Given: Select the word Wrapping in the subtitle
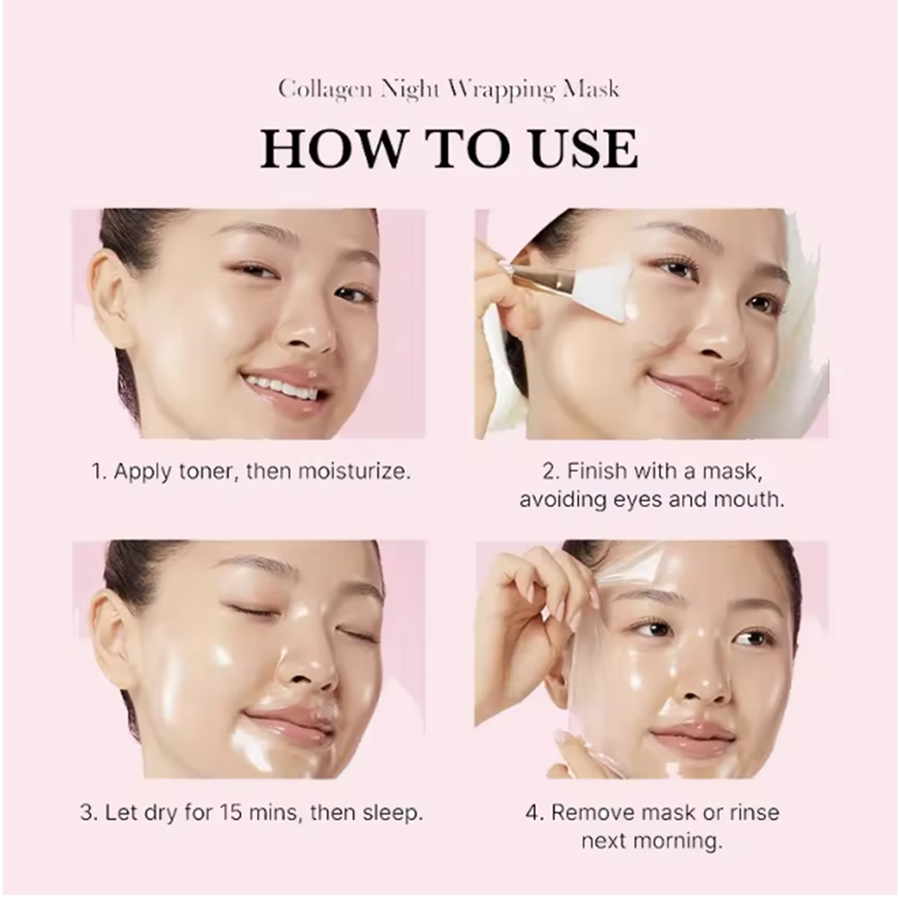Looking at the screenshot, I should [x=504, y=90].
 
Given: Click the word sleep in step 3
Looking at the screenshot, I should [x=393, y=814].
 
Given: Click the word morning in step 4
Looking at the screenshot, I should [x=679, y=841].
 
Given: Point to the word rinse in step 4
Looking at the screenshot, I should [x=754, y=813].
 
